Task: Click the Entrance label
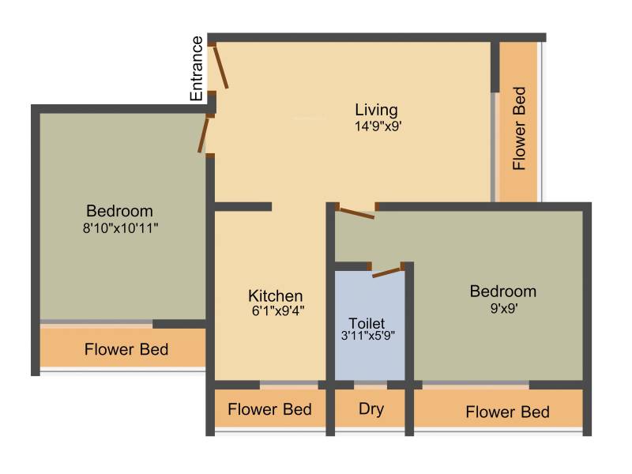[196, 69]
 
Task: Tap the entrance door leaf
[220, 67]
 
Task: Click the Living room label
[377, 110]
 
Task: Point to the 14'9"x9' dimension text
[378, 126]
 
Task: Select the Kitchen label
[276, 295]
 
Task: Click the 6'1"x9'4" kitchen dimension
[278, 311]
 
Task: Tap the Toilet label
[367, 323]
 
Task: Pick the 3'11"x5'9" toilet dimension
[367, 335]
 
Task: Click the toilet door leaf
[386, 273]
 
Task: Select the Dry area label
[371, 409]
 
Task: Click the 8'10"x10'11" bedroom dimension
[120, 228]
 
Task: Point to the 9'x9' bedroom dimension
[504, 308]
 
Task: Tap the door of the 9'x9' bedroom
[356, 213]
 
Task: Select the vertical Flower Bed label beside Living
[519, 128]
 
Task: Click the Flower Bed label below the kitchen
[269, 409]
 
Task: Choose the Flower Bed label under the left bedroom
[126, 349]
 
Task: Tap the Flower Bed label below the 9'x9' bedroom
[507, 412]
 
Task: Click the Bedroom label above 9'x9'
[503, 291]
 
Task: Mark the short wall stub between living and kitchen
[243, 207]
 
